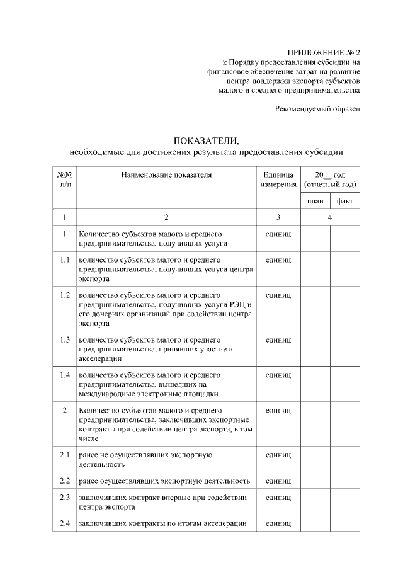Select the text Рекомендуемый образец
click(317, 109)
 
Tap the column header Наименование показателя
click(166, 174)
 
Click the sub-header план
click(315, 201)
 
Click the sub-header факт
click(345, 201)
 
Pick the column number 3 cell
click(278, 217)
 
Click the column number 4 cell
click(330, 217)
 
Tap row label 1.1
click(65, 259)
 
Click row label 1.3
click(65, 340)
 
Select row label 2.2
click(65, 481)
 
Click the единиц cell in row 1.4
click(278, 375)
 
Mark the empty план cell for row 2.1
click(315, 459)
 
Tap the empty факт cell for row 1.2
click(345, 309)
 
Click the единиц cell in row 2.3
click(278, 497)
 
